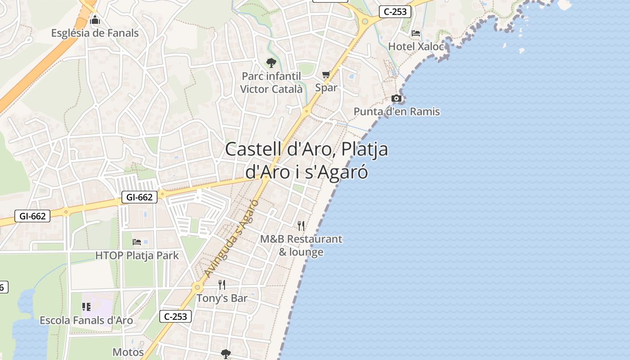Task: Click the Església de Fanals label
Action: tap(95, 33)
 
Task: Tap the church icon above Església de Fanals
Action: tap(95, 20)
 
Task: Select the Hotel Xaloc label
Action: tap(415, 46)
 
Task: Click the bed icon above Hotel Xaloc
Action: tap(416, 33)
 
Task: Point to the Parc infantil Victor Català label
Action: tap(271, 82)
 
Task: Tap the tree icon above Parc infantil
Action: tap(271, 63)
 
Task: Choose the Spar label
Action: tap(326, 87)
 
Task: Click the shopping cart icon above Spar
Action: tap(326, 75)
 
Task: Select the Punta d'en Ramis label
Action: tap(396, 111)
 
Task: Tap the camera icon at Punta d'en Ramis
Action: tap(396, 98)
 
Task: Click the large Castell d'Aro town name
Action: tap(306, 160)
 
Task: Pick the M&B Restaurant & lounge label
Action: tap(301, 245)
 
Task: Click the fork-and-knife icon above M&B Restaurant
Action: tap(301, 225)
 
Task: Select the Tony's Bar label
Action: tap(222, 298)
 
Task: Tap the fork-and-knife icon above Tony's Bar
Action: tap(222, 285)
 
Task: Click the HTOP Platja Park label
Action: tap(137, 256)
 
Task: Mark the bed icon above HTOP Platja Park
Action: tap(137, 242)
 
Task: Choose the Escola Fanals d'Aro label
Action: tap(86, 320)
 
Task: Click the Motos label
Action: tap(128, 352)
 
